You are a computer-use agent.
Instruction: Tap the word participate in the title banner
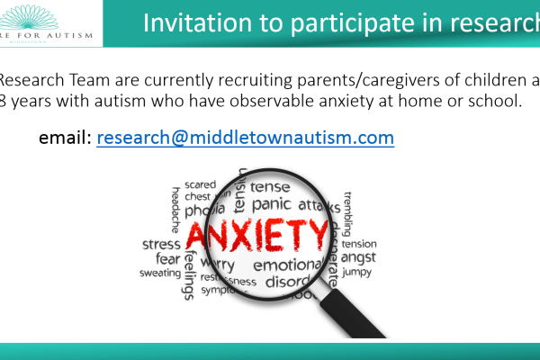(x=322, y=24)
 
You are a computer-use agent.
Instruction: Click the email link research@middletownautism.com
(x=245, y=139)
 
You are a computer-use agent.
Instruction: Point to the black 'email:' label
(x=65, y=139)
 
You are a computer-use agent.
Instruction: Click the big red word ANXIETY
(x=256, y=237)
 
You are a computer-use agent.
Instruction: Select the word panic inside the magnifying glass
(x=271, y=205)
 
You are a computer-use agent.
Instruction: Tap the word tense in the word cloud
(x=270, y=187)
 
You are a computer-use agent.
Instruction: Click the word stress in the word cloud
(x=161, y=244)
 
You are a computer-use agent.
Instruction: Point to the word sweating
(x=159, y=273)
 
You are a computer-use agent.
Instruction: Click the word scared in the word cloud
(x=200, y=184)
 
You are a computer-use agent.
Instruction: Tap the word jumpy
(x=356, y=271)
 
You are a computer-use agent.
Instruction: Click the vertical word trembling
(x=347, y=212)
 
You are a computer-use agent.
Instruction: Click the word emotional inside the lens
(x=286, y=265)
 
